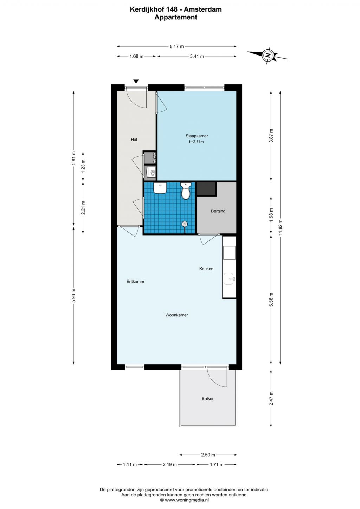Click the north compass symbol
(268, 55)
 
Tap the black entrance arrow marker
(136, 81)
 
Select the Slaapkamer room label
(197, 136)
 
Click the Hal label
(134, 140)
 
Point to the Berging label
(218, 211)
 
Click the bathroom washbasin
(160, 188)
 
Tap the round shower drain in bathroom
(185, 224)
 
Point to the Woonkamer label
(176, 315)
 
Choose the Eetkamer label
(135, 281)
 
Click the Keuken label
(206, 269)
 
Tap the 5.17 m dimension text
(176, 46)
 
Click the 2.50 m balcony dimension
(208, 455)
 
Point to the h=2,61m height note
(197, 142)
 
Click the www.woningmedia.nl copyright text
(185, 500)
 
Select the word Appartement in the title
(176, 17)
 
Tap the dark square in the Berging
(206, 189)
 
